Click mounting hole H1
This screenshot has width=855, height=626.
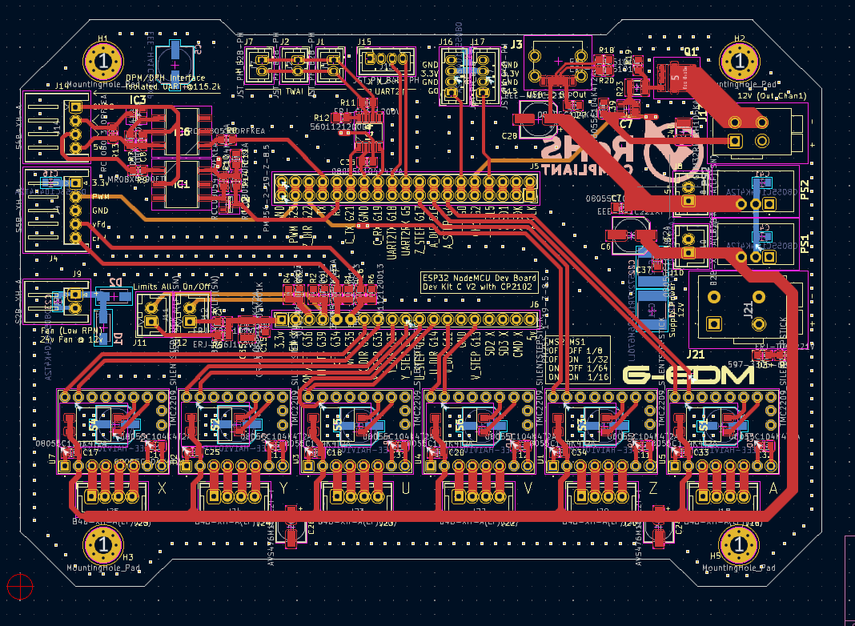(x=103, y=62)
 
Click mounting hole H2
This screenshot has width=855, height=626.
(x=740, y=62)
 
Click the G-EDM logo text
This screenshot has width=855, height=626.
(x=688, y=375)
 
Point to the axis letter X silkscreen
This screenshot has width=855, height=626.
(x=163, y=488)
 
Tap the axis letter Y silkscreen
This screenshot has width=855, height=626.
(x=283, y=488)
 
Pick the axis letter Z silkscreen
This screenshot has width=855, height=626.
(x=653, y=488)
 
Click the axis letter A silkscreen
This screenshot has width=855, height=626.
(x=773, y=488)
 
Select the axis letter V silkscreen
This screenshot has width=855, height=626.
(x=528, y=488)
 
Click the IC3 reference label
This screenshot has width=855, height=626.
(x=138, y=100)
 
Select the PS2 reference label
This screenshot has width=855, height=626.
(x=805, y=186)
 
